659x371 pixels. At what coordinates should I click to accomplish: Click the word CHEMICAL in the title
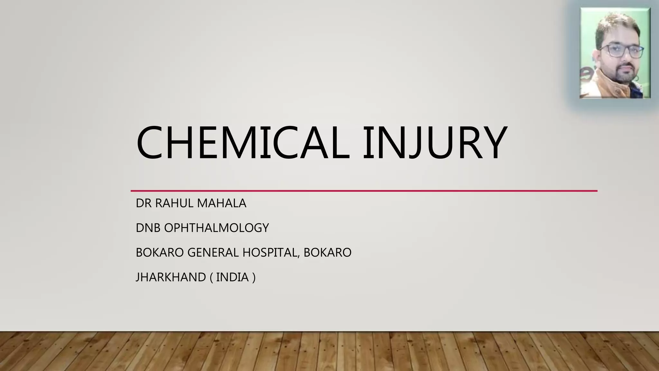pos(243,143)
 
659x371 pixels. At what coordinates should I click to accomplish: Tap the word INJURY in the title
pos(434,143)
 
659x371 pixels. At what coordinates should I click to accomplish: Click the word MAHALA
pos(222,203)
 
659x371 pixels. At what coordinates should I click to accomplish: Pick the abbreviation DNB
pos(148,228)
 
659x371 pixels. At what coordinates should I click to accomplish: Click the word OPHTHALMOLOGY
pos(217,228)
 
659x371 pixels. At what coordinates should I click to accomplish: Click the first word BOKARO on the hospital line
pos(160,252)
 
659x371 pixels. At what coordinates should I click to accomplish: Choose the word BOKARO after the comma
pos(327,252)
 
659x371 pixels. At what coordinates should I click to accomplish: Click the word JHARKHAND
pos(171,277)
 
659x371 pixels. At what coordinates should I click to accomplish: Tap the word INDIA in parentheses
pos(232,277)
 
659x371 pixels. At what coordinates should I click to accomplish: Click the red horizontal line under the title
pos(364,191)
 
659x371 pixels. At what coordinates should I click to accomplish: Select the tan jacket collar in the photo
pos(599,81)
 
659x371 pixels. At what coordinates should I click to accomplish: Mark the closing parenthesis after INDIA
pos(254,277)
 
